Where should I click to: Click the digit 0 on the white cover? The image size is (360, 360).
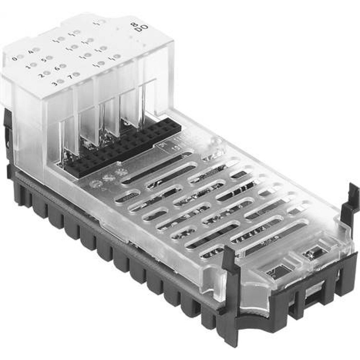click(x=14, y=59)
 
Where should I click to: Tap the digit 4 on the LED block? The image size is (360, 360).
click(x=30, y=52)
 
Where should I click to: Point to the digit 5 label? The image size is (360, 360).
click(x=44, y=60)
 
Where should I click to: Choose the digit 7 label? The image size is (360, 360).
click(x=70, y=76)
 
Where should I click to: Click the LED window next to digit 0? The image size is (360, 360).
click(x=21, y=57)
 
